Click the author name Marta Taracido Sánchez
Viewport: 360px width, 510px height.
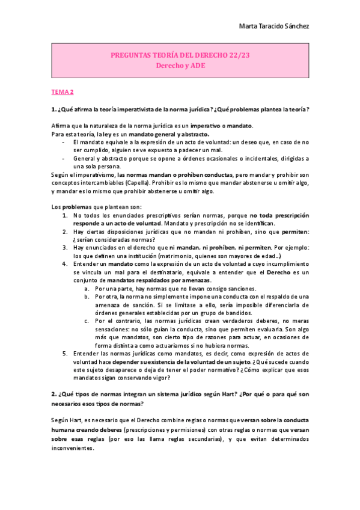tap(274, 26)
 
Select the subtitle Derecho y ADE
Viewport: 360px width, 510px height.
tap(180, 66)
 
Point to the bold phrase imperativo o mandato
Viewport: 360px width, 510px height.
tap(222, 125)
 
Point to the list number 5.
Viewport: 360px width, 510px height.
tap(65, 353)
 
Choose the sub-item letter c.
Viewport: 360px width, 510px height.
tap(87, 321)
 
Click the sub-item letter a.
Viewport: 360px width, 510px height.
tap(87, 288)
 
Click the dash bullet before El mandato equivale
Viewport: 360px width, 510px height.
tap(64, 142)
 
